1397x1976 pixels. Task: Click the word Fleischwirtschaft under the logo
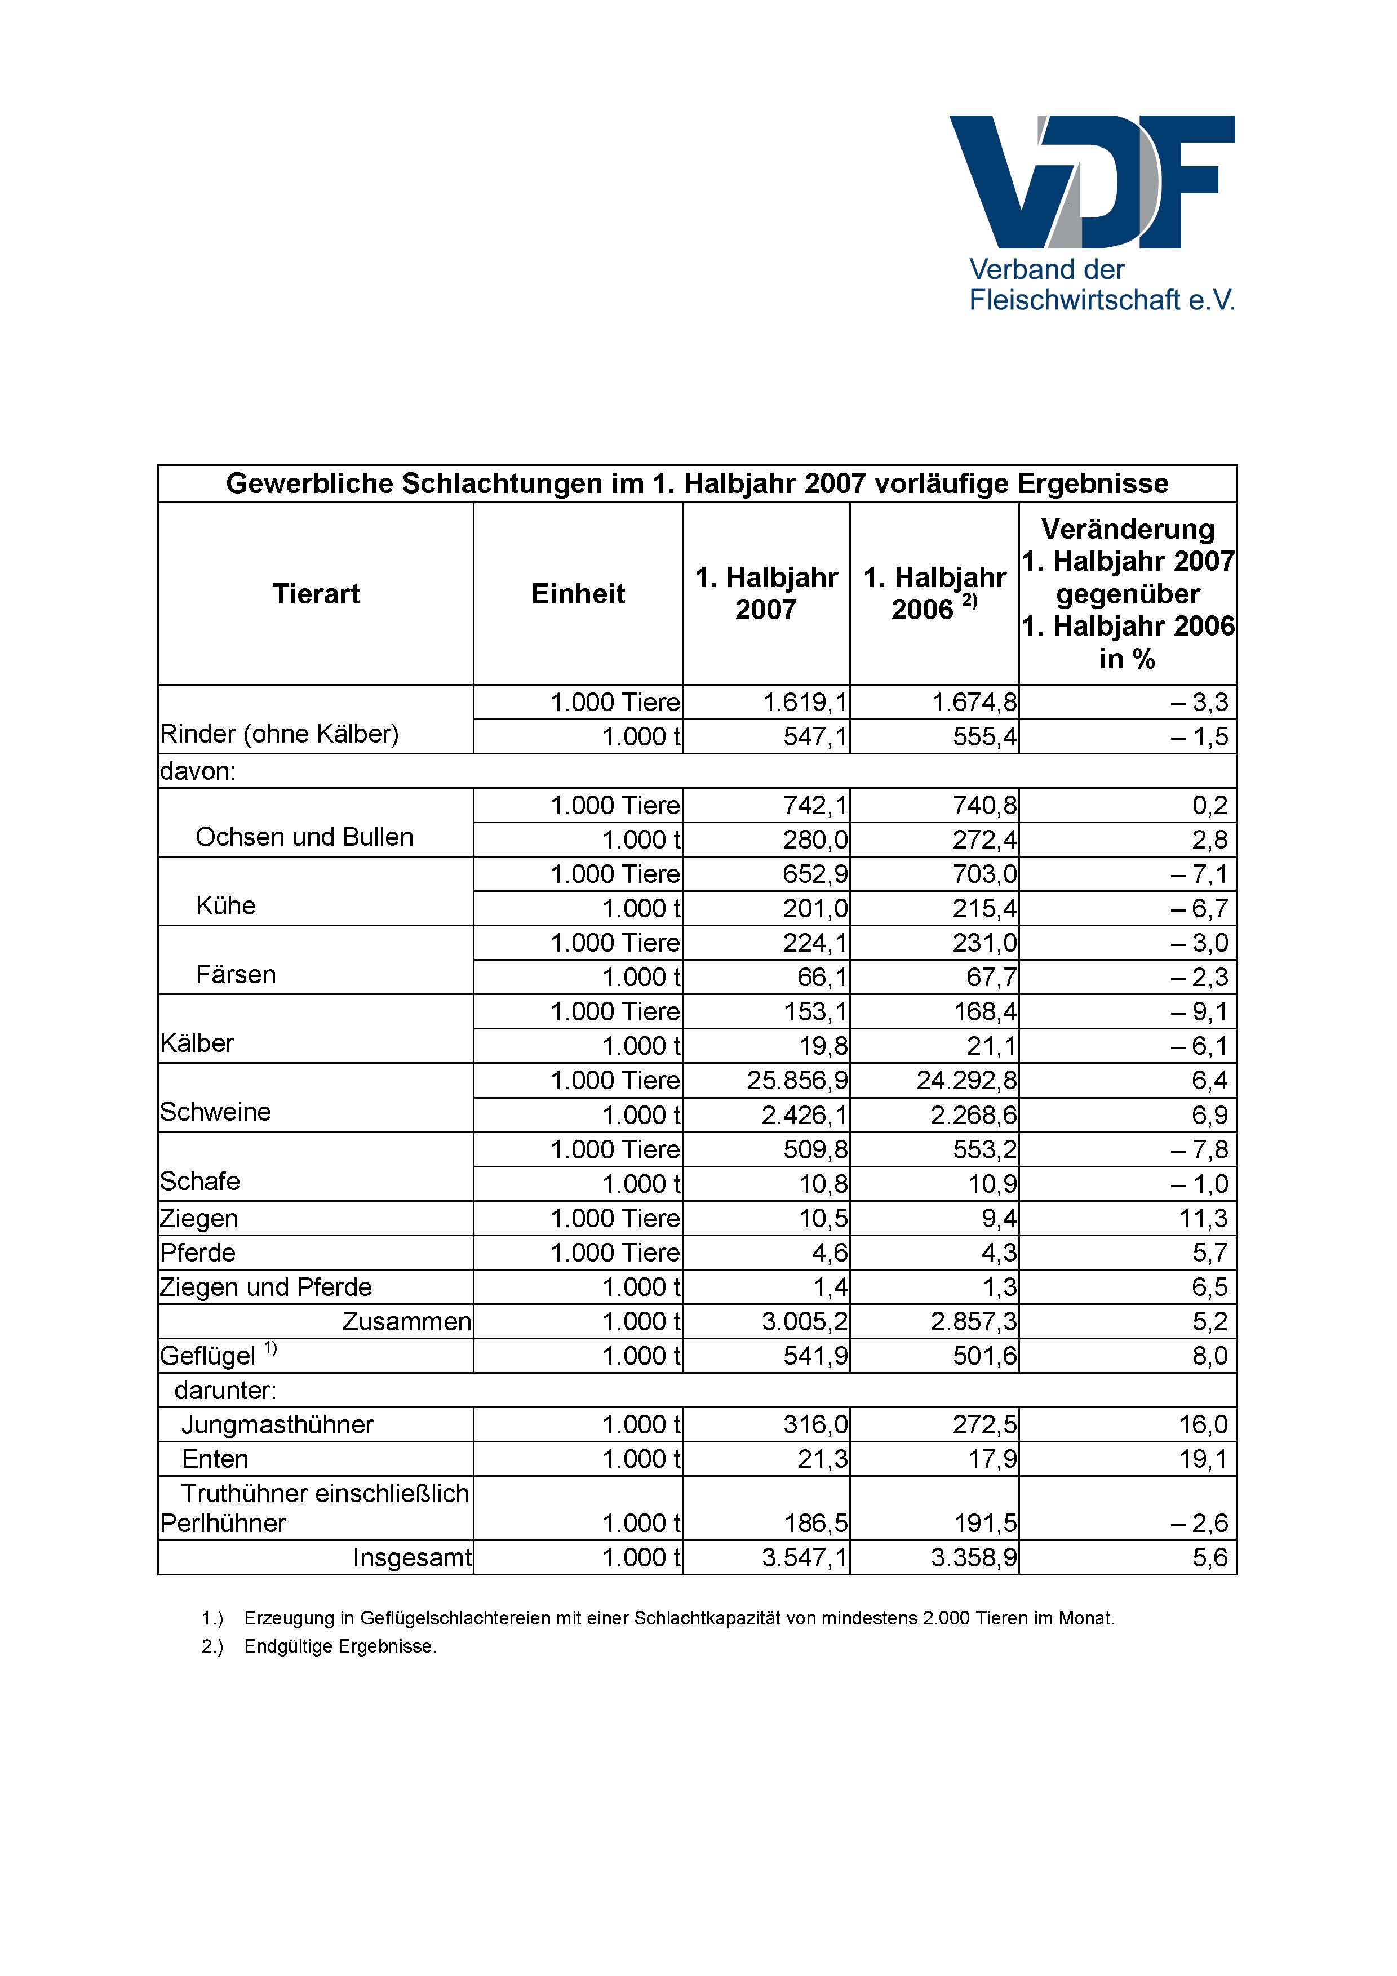coord(1074,300)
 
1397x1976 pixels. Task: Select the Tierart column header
coord(316,594)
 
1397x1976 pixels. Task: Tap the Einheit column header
coord(578,594)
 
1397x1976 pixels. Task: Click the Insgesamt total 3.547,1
coord(804,1558)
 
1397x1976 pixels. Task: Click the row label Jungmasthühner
coord(277,1425)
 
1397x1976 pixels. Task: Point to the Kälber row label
coord(197,1044)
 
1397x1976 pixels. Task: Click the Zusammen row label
coord(406,1322)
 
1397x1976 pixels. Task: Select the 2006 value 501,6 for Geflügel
coord(984,1356)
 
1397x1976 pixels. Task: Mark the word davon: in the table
coord(198,771)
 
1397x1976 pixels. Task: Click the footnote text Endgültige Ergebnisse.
coord(340,1646)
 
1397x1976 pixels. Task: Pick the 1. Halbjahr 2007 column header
coord(766,594)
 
